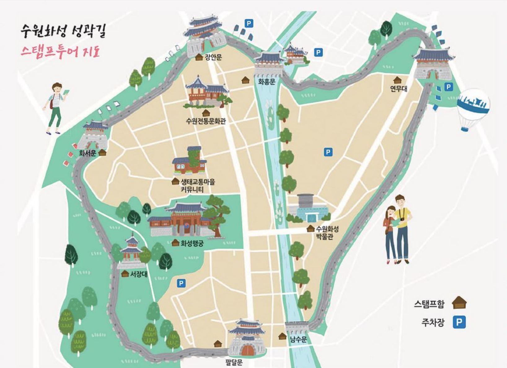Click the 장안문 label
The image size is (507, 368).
(213, 57)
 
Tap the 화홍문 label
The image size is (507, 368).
(267, 82)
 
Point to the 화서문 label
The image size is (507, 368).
(88, 153)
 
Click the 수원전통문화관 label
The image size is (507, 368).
(206, 121)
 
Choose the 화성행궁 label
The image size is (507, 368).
(192, 243)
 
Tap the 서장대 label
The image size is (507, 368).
(139, 274)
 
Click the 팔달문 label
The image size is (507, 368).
(234, 362)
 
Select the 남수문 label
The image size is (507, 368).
(298, 339)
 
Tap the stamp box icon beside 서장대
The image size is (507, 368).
(125, 274)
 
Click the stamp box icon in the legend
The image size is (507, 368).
(459, 303)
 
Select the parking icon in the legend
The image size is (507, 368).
(459, 322)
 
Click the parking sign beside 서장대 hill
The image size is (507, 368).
(181, 283)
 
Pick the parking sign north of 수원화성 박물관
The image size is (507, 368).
(328, 152)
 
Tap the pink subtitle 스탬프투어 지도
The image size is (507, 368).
(60, 51)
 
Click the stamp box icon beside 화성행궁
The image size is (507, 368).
(175, 243)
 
